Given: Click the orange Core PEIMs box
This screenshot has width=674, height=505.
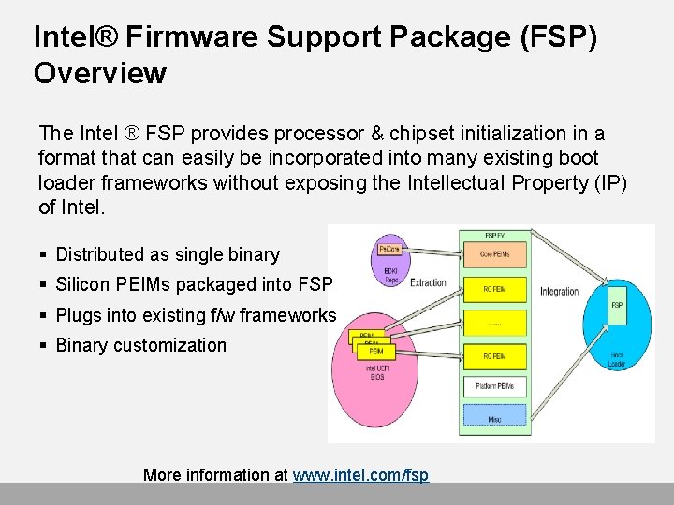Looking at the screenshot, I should click(493, 254).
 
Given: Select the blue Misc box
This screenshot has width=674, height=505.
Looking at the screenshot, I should click(493, 420).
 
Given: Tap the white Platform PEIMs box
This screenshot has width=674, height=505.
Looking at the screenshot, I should click(493, 386).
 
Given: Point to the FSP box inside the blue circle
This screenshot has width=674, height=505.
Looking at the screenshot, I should click(617, 305).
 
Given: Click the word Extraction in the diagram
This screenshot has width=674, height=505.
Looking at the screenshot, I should click(429, 282).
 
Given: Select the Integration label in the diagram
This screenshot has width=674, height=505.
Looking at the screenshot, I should click(559, 291).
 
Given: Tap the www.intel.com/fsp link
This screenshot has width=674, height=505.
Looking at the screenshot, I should click(360, 475).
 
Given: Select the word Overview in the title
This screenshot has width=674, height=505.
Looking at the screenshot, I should click(100, 73).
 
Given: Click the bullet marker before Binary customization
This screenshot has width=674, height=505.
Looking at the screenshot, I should click(44, 346).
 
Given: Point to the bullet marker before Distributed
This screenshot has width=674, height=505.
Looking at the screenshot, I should click(44, 255).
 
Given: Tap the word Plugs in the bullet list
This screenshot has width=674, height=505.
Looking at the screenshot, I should click(79, 315).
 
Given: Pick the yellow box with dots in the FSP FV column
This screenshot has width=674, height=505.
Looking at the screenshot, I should click(493, 324).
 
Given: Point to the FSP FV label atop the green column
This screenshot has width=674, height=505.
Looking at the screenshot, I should click(494, 235).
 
